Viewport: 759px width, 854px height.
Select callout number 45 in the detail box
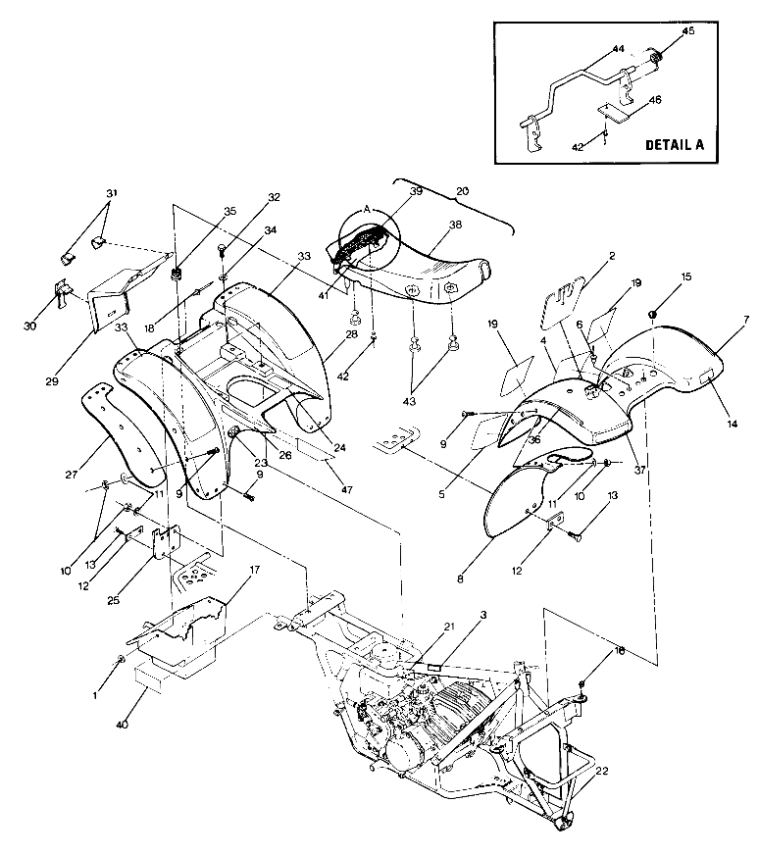coord(687,30)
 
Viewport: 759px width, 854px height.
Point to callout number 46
coord(655,100)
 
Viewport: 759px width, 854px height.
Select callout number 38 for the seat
coord(454,224)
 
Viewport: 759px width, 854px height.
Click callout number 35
coord(229,211)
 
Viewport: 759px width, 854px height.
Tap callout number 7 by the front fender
coord(745,321)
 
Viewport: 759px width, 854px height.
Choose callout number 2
coord(610,255)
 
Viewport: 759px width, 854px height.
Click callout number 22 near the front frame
coord(602,771)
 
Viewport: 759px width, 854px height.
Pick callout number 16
coord(590,650)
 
